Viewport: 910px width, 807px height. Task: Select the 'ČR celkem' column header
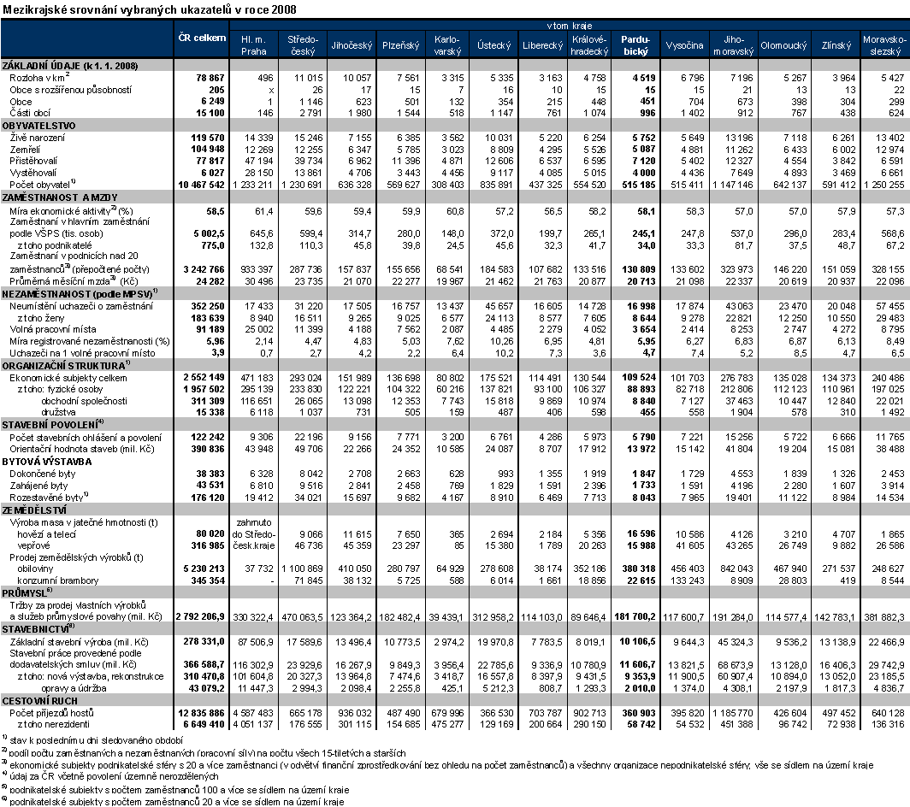(202, 38)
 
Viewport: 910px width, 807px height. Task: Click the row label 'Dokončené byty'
(41, 473)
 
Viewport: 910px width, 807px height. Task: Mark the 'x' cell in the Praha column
(270, 90)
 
